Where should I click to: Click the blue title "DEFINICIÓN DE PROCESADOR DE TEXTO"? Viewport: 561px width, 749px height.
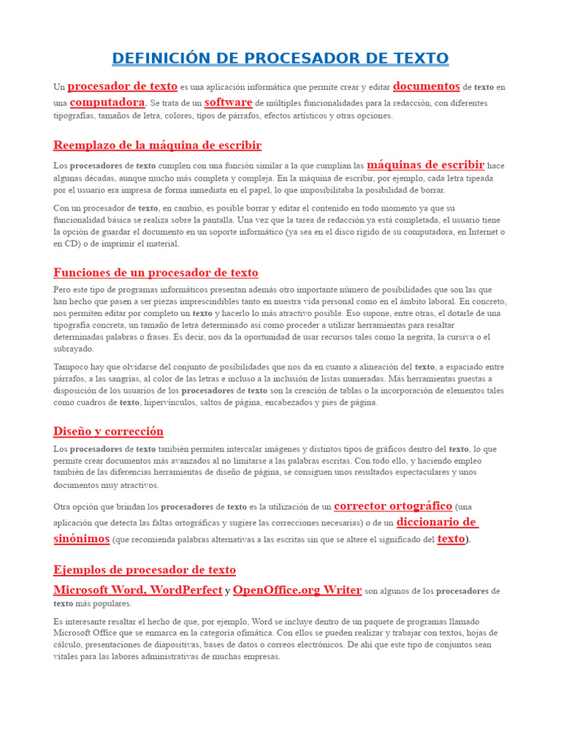(280, 58)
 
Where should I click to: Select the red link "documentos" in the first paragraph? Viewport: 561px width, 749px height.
(427, 86)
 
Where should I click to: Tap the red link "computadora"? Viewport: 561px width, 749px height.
(107, 102)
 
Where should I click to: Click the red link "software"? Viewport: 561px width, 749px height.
(228, 102)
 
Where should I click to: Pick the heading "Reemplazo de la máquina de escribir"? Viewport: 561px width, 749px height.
(157, 145)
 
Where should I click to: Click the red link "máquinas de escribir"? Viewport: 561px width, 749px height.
(425, 165)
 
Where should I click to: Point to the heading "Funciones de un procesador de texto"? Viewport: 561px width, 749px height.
(156, 273)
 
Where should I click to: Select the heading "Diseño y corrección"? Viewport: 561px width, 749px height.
(108, 431)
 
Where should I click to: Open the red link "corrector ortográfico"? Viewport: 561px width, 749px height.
(393, 505)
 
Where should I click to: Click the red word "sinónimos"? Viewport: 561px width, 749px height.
(81, 538)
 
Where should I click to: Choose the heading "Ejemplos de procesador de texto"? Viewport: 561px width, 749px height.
(145, 570)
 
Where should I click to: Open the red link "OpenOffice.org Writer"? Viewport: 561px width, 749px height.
(297, 590)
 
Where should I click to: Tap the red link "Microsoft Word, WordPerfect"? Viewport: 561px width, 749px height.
(137, 590)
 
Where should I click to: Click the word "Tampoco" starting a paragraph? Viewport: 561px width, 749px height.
(72, 366)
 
